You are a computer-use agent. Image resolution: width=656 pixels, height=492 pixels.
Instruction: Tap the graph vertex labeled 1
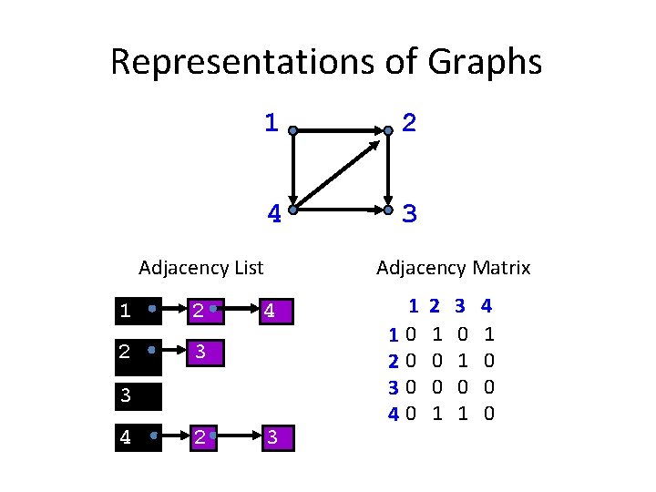[x=292, y=131]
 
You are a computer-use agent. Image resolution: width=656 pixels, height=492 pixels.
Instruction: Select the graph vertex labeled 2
[x=388, y=131]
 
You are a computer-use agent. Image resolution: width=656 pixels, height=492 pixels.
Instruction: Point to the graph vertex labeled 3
[x=388, y=210]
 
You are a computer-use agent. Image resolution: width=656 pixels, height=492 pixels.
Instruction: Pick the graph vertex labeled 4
[x=292, y=210]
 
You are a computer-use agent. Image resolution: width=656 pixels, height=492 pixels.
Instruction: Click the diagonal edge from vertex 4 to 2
[x=340, y=171]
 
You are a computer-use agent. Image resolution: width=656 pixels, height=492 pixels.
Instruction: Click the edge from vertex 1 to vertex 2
[x=340, y=131]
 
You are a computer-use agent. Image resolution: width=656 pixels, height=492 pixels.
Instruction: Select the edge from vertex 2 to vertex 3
[x=388, y=171]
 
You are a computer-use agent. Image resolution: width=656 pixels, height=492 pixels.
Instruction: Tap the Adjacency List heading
[x=200, y=268]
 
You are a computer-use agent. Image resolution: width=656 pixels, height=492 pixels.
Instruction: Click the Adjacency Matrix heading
[x=453, y=268]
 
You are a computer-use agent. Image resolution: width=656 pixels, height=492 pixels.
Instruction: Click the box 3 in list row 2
[x=206, y=352]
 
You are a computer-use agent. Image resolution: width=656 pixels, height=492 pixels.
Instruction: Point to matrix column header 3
[x=460, y=307]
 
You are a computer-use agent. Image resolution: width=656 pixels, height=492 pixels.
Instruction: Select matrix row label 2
[x=393, y=361]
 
